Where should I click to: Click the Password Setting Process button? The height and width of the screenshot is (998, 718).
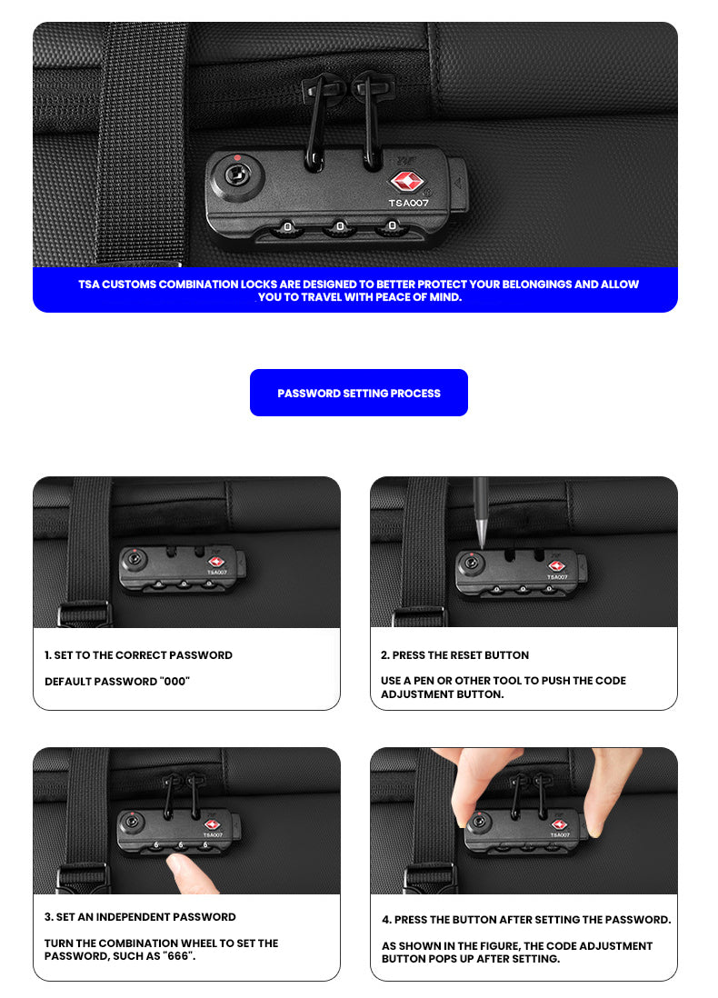tap(358, 393)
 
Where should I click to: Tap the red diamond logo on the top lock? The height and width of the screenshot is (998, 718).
tap(407, 182)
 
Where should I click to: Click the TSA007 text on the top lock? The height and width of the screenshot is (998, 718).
tap(409, 203)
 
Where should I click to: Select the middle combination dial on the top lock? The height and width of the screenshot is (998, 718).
tap(340, 227)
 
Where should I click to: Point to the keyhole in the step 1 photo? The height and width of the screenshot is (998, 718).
tap(135, 560)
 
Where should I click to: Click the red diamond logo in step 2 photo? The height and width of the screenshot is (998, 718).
tap(556, 566)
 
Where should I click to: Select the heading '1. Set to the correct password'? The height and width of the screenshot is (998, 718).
tap(138, 655)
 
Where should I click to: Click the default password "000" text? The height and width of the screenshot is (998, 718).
tap(175, 681)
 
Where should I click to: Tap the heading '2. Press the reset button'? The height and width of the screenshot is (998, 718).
tap(454, 655)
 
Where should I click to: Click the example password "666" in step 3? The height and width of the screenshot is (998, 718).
tap(177, 956)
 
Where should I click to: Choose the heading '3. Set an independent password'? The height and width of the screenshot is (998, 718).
tap(140, 916)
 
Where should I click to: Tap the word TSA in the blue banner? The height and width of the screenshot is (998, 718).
tap(88, 284)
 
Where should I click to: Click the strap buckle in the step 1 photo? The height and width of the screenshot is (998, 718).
tap(85, 614)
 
